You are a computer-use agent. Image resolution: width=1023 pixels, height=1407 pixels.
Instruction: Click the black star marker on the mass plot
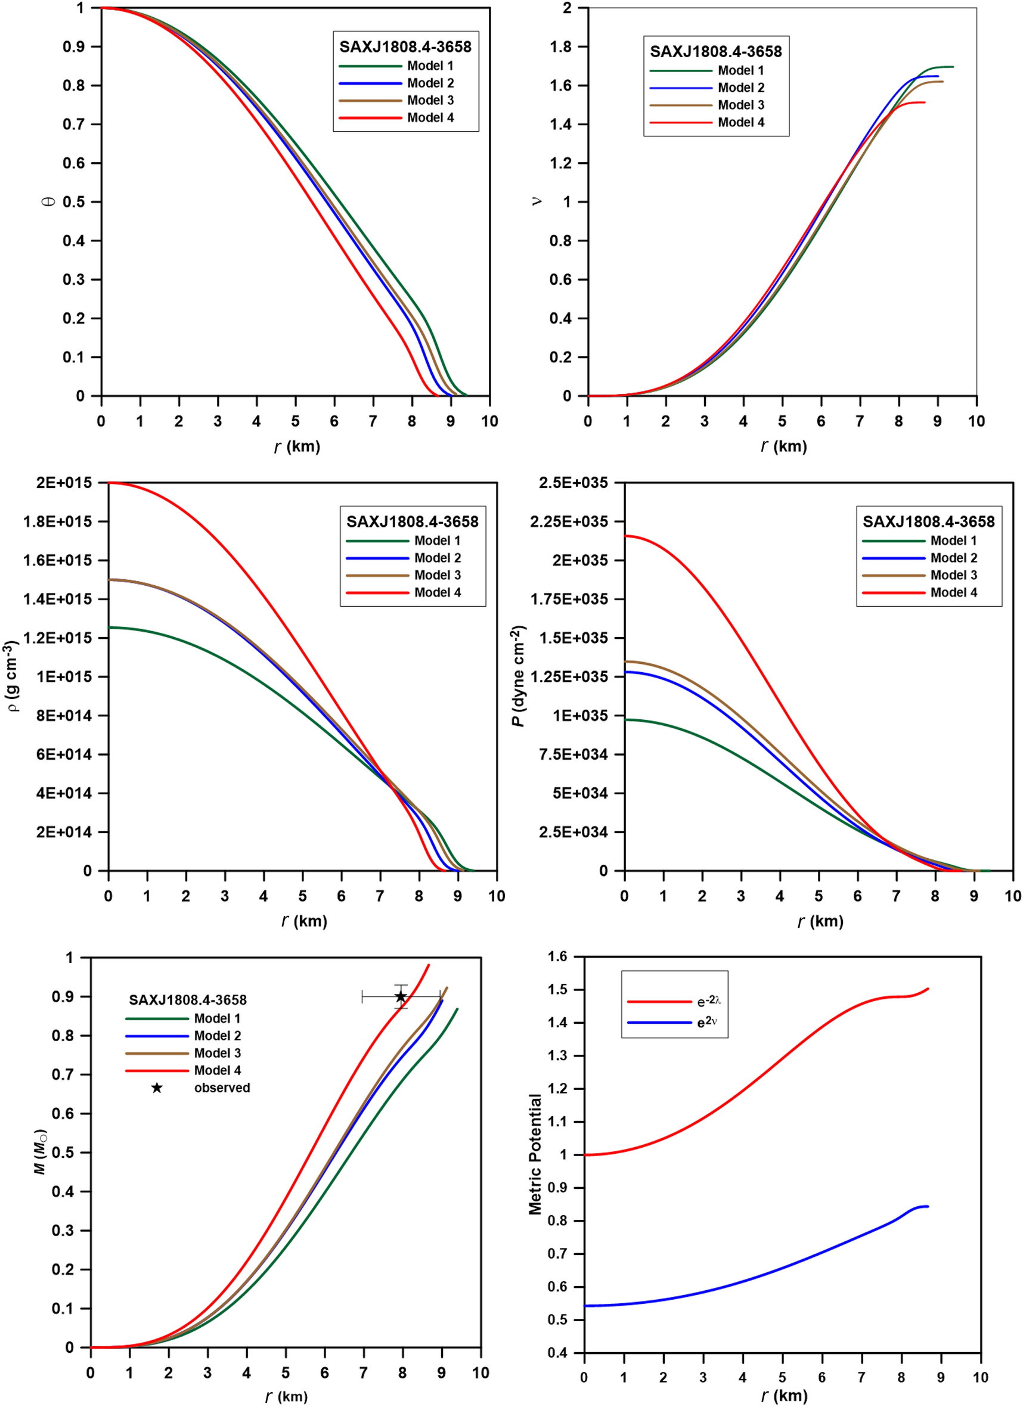tap(401, 996)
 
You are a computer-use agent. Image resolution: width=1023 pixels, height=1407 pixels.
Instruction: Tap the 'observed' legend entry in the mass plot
tap(222, 1088)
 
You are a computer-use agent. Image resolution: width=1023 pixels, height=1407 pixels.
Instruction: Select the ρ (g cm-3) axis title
tap(14, 676)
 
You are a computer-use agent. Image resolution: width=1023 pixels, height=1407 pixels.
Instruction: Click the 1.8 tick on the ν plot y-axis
tap(560, 46)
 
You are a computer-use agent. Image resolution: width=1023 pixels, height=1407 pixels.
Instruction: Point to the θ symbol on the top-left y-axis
tap(49, 201)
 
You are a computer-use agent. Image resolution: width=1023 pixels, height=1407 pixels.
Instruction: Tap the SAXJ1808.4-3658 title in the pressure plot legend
tap(928, 521)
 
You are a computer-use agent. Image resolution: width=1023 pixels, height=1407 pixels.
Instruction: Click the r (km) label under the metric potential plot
tap(784, 1395)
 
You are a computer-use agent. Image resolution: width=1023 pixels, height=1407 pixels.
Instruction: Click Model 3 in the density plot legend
tap(437, 575)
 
